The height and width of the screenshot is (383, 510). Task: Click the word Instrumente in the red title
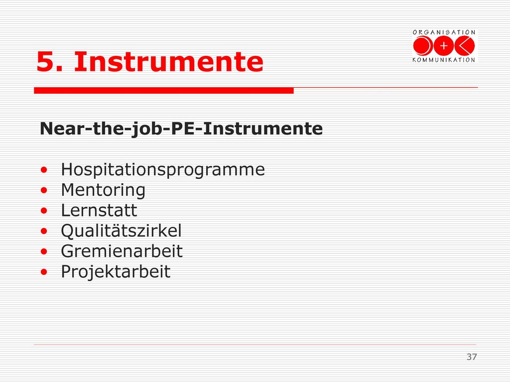click(x=168, y=61)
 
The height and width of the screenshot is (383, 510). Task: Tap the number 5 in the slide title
click(x=45, y=61)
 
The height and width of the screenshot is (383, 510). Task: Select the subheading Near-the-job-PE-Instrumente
click(x=181, y=129)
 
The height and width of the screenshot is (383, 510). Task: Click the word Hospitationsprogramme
click(x=163, y=170)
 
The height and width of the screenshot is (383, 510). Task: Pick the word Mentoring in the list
click(x=103, y=191)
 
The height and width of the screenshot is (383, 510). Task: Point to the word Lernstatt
click(x=99, y=210)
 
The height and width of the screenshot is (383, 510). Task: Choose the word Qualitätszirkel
click(x=122, y=231)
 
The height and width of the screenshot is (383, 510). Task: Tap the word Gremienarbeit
click(x=122, y=251)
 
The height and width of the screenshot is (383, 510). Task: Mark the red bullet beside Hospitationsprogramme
click(x=44, y=170)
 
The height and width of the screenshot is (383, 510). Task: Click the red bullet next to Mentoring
click(x=44, y=190)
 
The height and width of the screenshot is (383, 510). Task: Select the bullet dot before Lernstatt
click(x=44, y=211)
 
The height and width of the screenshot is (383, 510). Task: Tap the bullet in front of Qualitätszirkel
click(x=44, y=231)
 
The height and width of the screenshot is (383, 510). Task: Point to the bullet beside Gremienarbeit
click(x=44, y=251)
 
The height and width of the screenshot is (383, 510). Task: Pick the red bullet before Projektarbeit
click(x=44, y=272)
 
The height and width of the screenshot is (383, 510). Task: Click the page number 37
click(x=472, y=357)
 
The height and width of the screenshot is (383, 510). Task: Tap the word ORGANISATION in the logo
click(x=444, y=32)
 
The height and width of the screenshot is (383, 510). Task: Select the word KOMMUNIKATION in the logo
click(x=444, y=60)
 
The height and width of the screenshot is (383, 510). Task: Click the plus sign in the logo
click(x=444, y=46)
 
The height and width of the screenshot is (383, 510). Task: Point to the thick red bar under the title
click(x=164, y=91)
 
